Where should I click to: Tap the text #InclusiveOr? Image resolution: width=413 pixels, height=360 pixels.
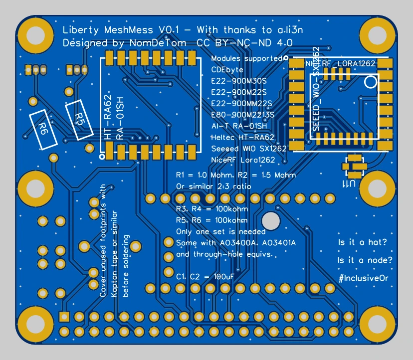363,278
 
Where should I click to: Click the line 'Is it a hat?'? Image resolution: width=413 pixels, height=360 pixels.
363,243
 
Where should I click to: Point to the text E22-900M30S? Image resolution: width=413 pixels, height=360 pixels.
239,81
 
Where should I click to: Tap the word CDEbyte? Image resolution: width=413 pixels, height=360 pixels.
227,70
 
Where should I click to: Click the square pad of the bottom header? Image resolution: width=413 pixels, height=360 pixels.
64,317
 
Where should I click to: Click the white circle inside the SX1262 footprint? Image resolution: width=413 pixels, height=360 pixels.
370,81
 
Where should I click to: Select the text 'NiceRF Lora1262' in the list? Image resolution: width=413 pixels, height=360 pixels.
243,160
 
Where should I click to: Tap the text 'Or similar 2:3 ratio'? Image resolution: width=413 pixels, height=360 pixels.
213,186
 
